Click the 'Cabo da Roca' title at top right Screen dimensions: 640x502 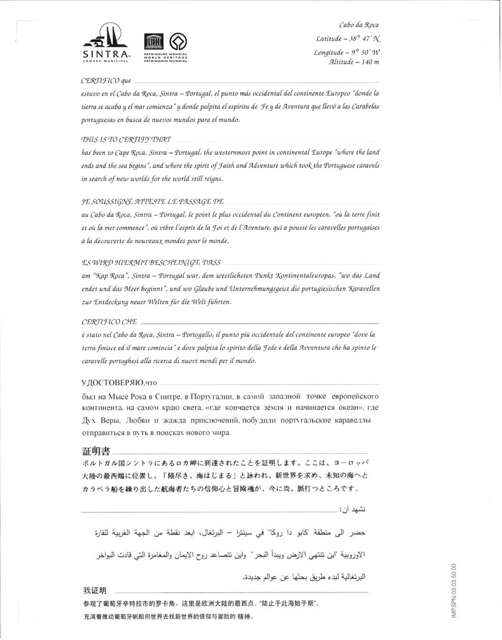pyautogui.click(x=359, y=25)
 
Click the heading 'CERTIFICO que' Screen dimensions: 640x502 pyautogui.click(x=106, y=82)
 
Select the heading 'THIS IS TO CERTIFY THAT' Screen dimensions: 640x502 pyautogui.click(x=126, y=139)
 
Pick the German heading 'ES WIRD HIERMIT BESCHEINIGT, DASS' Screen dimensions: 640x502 pyautogui.click(x=150, y=263)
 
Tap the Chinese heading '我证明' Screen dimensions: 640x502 pyautogui.click(x=95, y=590)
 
